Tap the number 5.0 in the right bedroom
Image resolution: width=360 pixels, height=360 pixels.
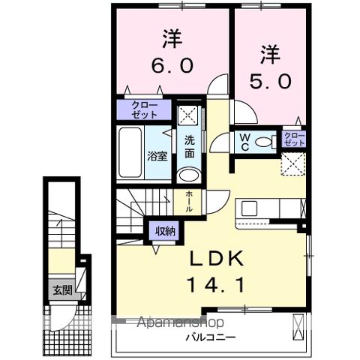click(x=274, y=80)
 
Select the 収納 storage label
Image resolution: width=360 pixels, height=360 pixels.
click(x=165, y=231)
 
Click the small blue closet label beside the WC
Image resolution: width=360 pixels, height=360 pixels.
click(x=295, y=138)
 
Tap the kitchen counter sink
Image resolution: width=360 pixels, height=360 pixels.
click(x=250, y=209)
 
